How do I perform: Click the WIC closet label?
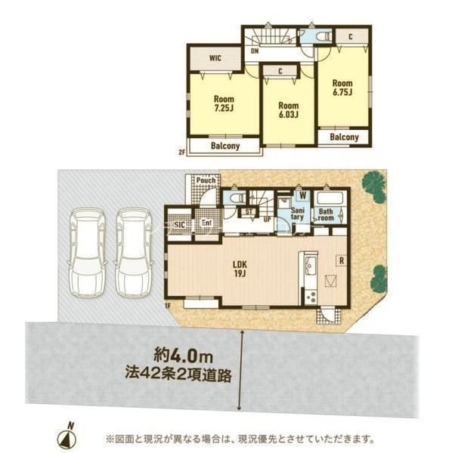(215, 58)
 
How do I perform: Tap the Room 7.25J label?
(224, 103)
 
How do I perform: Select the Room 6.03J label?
(288, 109)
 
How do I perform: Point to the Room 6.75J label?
(342, 88)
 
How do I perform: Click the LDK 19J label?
(240, 269)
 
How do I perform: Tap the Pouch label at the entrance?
(206, 180)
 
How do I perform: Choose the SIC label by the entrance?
(179, 224)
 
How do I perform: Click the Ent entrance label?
(207, 223)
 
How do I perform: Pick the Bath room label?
(326, 214)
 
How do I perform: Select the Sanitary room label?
(297, 214)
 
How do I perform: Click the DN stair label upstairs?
(255, 51)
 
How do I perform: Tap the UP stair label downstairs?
(268, 220)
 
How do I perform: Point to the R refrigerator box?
(341, 260)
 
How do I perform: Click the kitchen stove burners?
(311, 297)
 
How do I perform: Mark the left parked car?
(87, 253)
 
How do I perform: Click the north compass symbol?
(67, 437)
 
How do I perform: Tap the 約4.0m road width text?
(184, 356)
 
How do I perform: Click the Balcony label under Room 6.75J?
(344, 137)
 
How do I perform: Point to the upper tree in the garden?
(374, 186)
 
